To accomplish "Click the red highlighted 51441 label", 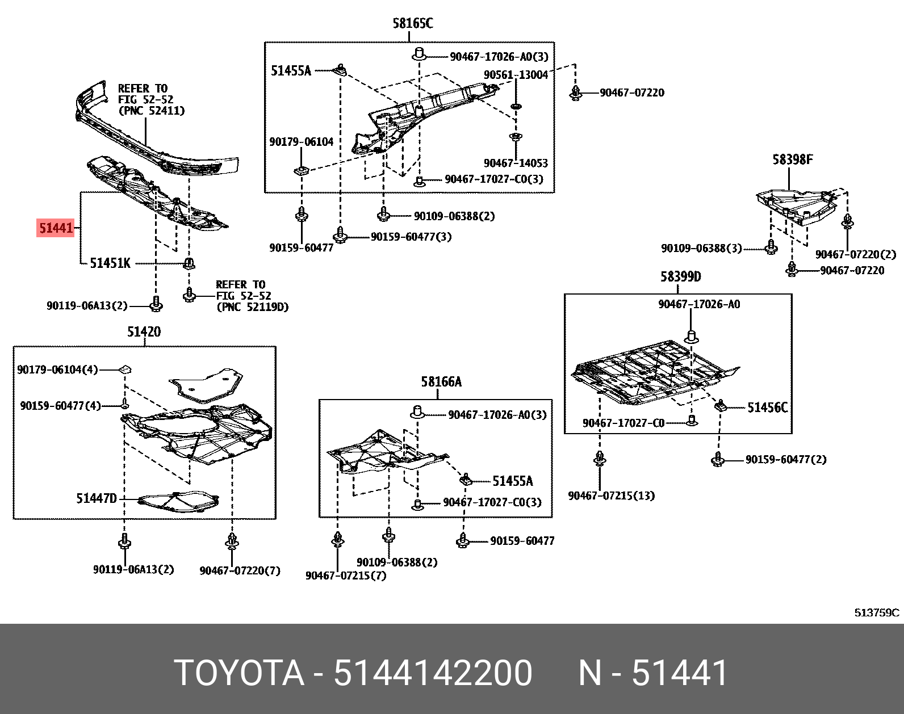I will click(x=56, y=228).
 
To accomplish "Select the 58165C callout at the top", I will click(x=412, y=24).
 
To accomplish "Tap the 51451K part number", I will click(x=110, y=263).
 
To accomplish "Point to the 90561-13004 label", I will click(x=516, y=75).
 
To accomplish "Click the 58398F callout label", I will click(x=792, y=160).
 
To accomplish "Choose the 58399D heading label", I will click(x=680, y=277).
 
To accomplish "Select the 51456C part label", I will click(x=767, y=408).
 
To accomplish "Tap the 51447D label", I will click(x=97, y=499).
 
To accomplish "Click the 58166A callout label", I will click(x=441, y=382).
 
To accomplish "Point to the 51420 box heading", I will click(x=144, y=332).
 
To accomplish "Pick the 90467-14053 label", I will click(x=516, y=163).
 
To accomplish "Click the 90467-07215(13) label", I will click(x=611, y=496).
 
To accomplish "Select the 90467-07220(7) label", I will click(x=240, y=571).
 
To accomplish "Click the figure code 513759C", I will click(x=877, y=613).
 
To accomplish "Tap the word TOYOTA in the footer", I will click(x=239, y=673).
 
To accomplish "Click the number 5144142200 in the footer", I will click(x=433, y=673).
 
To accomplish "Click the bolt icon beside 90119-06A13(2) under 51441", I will click(x=156, y=305).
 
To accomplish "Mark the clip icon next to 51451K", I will click(x=189, y=263).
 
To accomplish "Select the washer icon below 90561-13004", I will click(x=516, y=107).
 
